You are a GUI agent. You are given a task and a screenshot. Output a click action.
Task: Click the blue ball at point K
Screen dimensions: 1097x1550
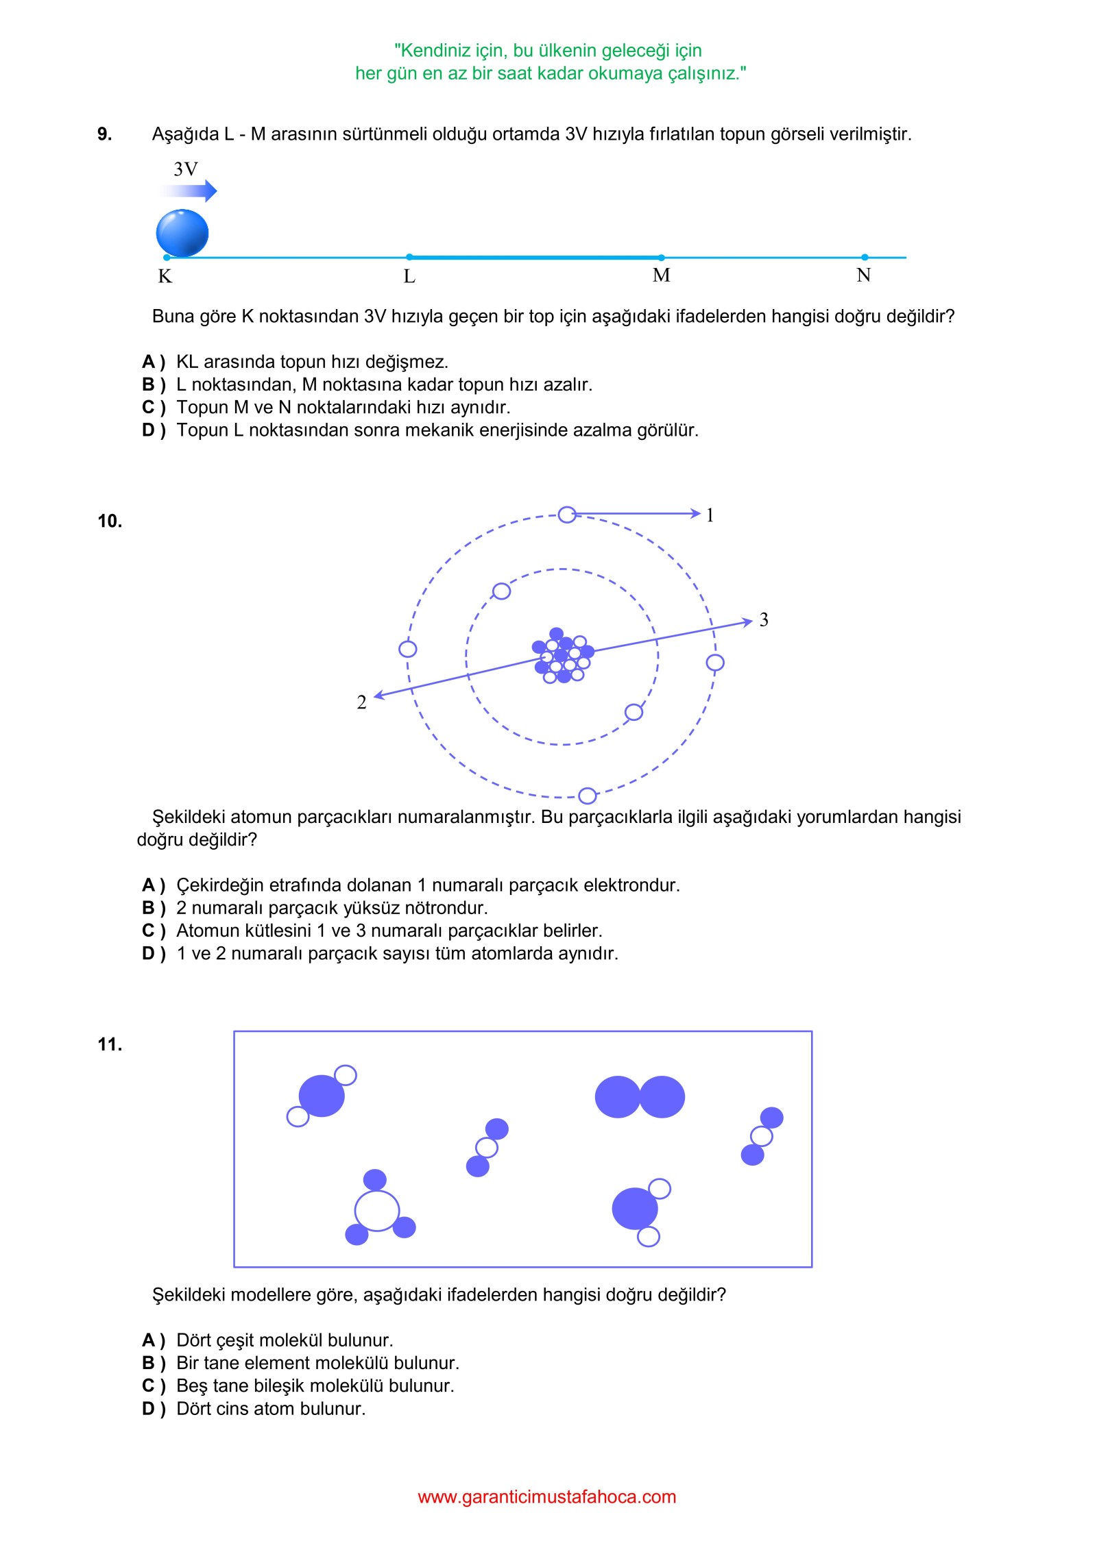[182, 233]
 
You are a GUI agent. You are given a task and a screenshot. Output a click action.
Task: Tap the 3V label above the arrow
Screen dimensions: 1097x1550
[186, 169]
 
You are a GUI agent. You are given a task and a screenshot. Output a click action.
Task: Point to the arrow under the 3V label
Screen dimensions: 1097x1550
[189, 190]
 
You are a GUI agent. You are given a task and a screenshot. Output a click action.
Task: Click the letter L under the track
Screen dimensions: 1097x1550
[409, 276]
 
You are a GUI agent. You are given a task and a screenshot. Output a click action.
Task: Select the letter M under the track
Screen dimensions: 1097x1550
[662, 275]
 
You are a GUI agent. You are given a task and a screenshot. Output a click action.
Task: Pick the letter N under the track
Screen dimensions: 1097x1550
[864, 275]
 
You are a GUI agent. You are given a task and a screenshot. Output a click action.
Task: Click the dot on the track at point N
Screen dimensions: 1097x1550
[865, 258]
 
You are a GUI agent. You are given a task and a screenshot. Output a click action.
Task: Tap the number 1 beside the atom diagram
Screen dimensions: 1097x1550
[710, 515]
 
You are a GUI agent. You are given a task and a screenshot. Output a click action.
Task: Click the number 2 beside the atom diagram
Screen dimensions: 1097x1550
[361, 702]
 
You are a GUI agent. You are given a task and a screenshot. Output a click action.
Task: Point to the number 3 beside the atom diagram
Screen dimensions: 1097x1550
[764, 619]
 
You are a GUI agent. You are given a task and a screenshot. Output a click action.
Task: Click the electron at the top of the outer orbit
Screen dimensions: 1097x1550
[567, 515]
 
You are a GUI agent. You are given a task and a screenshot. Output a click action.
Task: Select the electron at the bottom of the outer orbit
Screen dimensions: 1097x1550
[588, 796]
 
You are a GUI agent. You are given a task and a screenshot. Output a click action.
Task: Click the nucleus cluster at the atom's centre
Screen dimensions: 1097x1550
[563, 656]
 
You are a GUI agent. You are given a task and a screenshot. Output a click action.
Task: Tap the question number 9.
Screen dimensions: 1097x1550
[105, 134]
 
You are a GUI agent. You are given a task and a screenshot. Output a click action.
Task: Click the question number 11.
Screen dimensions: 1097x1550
[110, 1045]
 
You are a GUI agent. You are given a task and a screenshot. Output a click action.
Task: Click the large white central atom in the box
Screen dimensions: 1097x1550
[377, 1211]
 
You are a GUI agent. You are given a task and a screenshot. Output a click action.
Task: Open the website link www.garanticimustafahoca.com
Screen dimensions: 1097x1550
[547, 1497]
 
